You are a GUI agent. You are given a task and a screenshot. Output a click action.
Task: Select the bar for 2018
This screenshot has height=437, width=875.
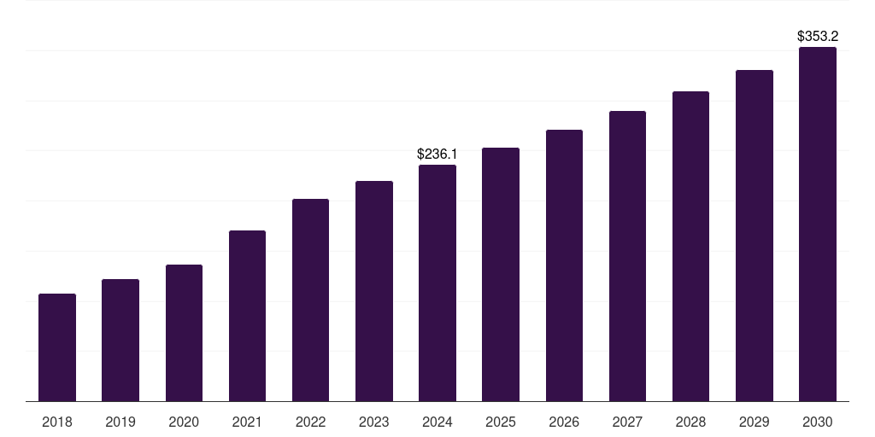pyautogui.click(x=57, y=347)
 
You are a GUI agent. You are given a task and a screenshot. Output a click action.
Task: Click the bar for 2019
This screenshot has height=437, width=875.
pyautogui.click(x=120, y=341)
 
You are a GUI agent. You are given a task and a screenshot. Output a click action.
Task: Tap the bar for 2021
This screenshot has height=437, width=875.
pyautogui.click(x=247, y=316)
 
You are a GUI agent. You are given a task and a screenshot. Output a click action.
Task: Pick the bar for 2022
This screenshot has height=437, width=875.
pyautogui.click(x=310, y=300)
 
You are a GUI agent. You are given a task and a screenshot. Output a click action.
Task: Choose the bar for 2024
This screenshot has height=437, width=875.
pyautogui.click(x=437, y=283)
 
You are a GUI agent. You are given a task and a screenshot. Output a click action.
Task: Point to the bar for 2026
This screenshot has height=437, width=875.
pyautogui.click(x=564, y=265)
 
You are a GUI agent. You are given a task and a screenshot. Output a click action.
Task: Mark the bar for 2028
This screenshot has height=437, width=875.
pyautogui.click(x=690, y=247)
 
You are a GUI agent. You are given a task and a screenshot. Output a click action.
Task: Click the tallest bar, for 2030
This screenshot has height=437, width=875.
pyautogui.click(x=818, y=224)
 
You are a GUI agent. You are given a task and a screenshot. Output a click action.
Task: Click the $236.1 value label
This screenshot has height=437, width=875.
pyautogui.click(x=437, y=154)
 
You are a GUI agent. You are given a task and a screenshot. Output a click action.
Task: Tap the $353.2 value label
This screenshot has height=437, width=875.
pyautogui.click(x=818, y=37)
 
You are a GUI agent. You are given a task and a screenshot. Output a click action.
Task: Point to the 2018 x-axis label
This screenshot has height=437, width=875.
pyautogui.click(x=57, y=422)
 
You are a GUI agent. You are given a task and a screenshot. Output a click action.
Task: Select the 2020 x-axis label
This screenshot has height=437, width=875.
pyautogui.click(x=184, y=422)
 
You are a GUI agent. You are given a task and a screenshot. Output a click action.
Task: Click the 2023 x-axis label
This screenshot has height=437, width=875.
pyautogui.click(x=374, y=422)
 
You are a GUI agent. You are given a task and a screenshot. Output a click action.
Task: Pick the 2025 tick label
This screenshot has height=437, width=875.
pyautogui.click(x=501, y=422)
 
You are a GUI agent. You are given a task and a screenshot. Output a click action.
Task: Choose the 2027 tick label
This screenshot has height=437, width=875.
pyautogui.click(x=627, y=422)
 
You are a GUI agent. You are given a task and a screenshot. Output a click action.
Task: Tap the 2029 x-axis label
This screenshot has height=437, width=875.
pyautogui.click(x=755, y=422)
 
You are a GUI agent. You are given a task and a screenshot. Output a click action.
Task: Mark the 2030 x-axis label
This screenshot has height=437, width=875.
pyautogui.click(x=818, y=422)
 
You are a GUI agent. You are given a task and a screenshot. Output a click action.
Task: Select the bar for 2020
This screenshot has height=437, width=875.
pyautogui.click(x=184, y=333)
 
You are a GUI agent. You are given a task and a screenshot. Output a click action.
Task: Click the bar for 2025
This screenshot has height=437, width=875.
pyautogui.click(x=501, y=275)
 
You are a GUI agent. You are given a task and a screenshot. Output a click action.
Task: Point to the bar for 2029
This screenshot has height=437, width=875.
pyautogui.click(x=755, y=236)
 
